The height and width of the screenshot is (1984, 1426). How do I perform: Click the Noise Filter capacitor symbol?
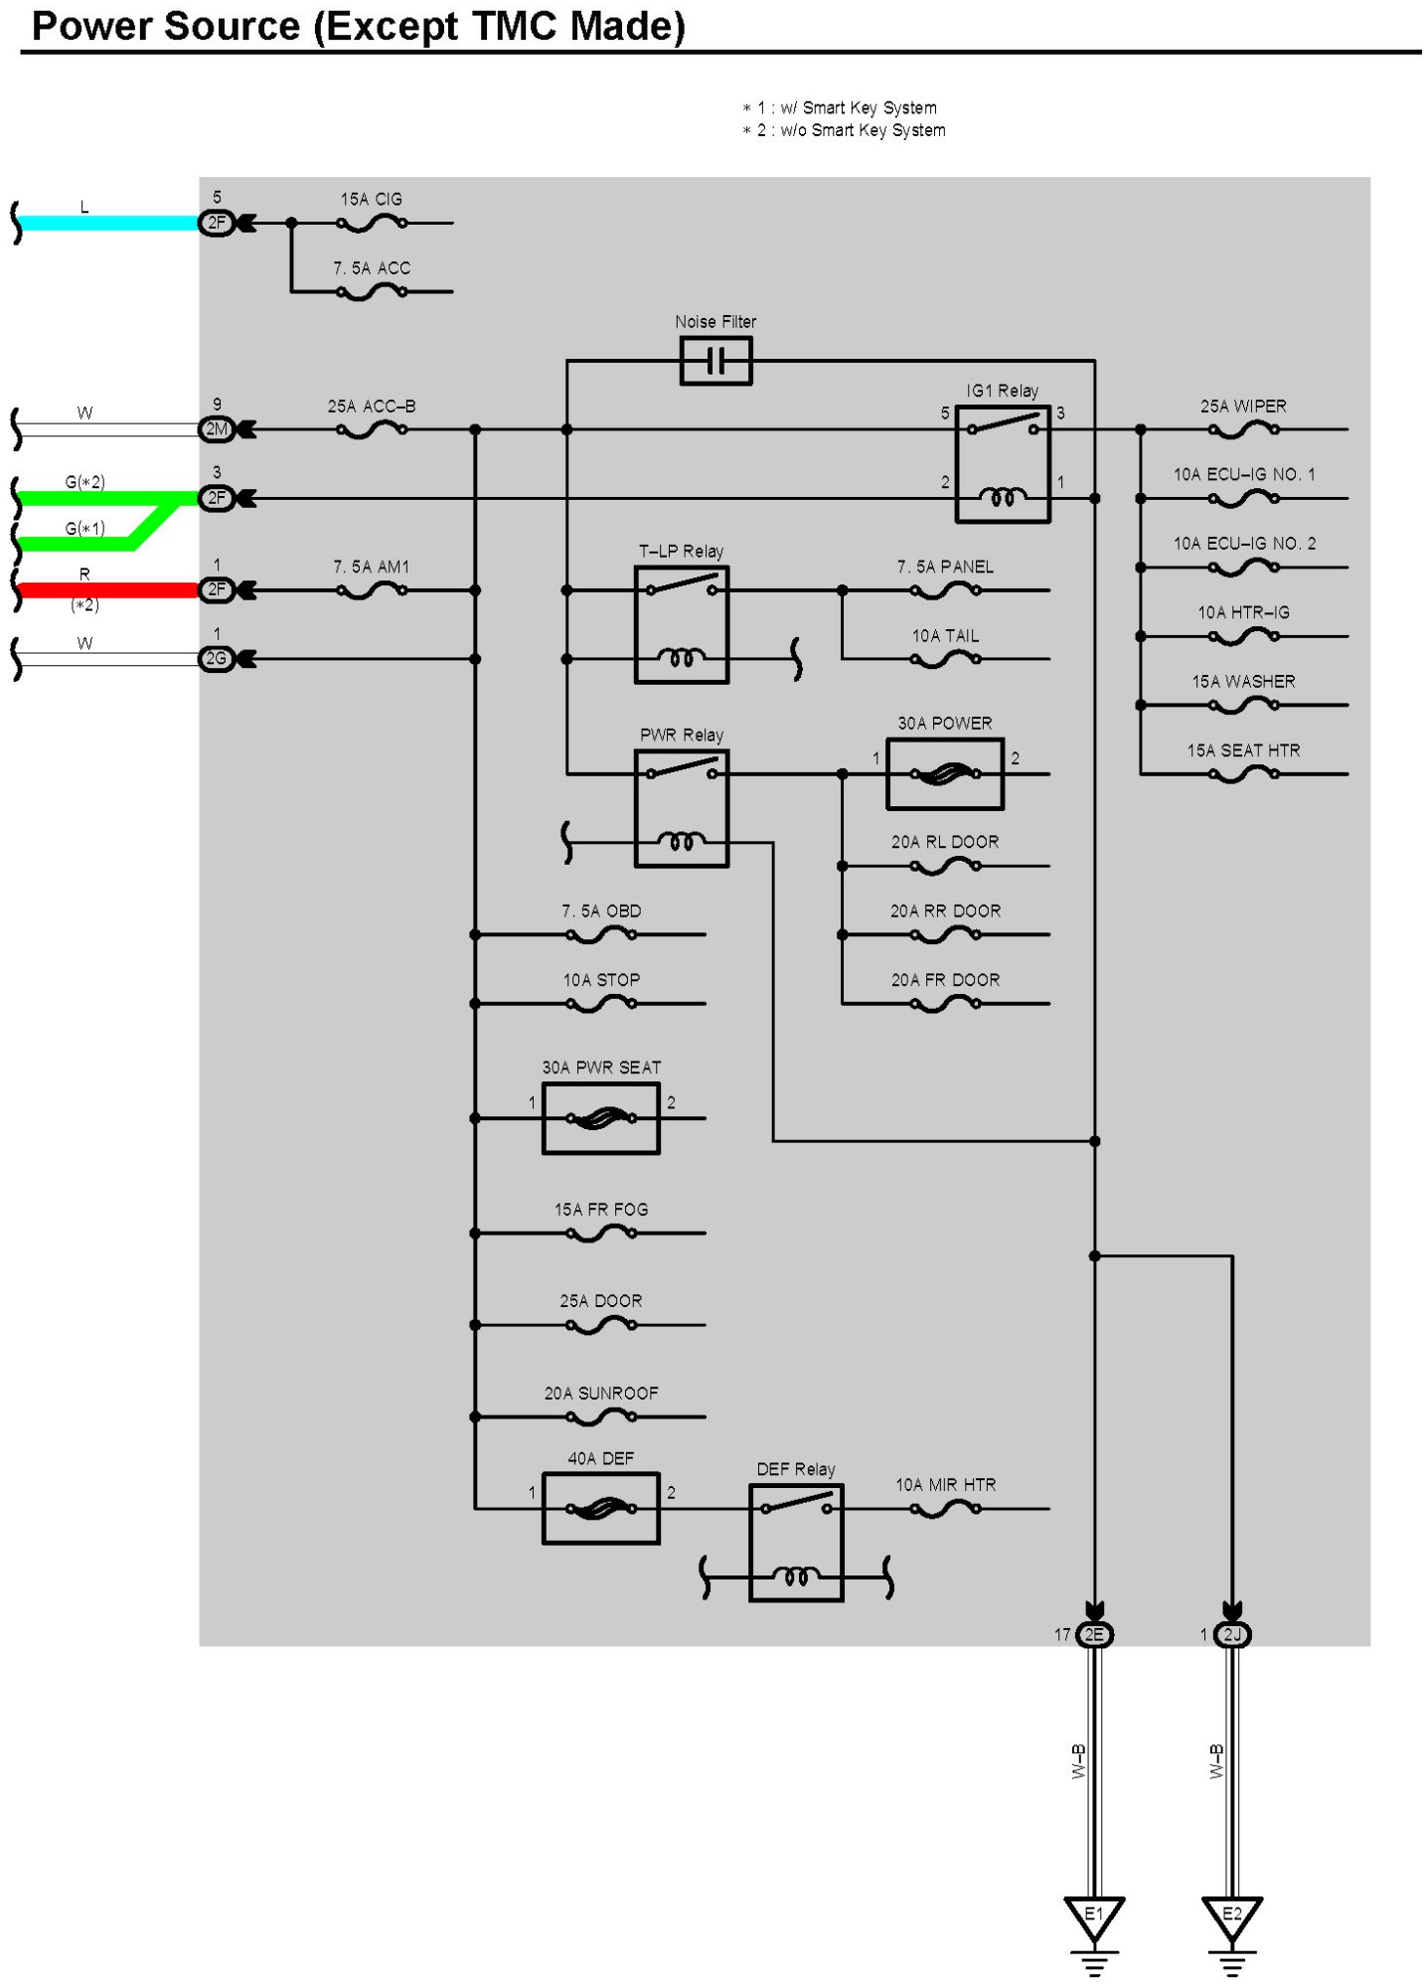click(715, 361)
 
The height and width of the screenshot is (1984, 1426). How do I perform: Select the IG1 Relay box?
click(1002, 463)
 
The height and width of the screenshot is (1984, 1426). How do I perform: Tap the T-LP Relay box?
click(682, 624)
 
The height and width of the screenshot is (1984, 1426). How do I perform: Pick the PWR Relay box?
click(682, 808)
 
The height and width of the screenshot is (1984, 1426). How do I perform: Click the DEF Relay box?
click(796, 1543)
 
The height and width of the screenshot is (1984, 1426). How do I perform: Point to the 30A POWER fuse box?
click(945, 773)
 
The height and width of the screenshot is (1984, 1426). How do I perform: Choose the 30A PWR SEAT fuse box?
click(600, 1118)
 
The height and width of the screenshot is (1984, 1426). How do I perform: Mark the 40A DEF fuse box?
click(600, 1509)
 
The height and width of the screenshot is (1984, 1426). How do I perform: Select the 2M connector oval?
click(217, 429)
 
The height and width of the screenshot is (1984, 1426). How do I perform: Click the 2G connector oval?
click(217, 658)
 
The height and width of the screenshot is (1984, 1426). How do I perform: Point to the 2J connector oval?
click(1232, 1634)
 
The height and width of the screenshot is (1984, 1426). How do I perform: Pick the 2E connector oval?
click(1094, 1634)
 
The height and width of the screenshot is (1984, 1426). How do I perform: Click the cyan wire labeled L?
click(109, 224)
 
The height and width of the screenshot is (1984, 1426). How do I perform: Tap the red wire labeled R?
click(109, 590)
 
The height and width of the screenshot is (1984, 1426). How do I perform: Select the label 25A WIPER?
click(1243, 406)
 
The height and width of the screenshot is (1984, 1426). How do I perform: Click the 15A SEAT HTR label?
click(1243, 750)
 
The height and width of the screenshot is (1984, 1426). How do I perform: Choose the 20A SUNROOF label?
click(601, 1393)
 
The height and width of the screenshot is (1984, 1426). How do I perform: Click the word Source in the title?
click(232, 26)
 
